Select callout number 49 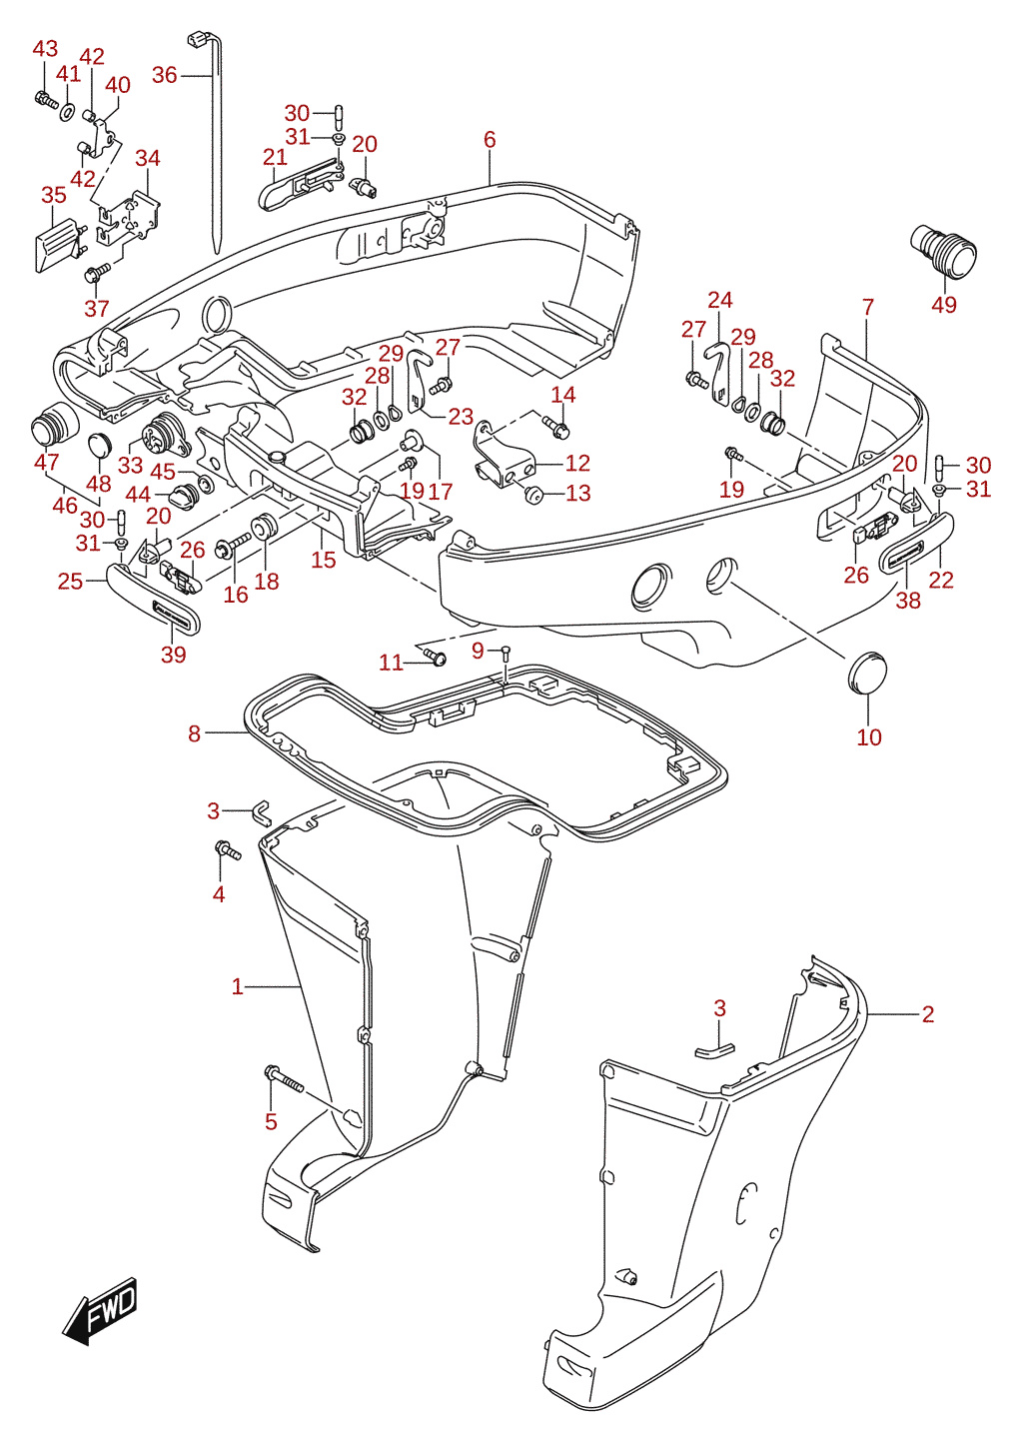944,305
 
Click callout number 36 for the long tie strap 164,75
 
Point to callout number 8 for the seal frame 194,733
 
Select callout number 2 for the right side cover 927,1014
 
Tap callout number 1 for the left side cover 238,987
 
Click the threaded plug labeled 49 944,251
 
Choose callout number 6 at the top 490,140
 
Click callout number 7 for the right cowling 868,307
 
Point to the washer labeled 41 67,111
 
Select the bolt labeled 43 46,99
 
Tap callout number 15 324,559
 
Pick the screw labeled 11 435,657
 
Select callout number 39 173,654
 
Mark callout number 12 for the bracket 577,463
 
